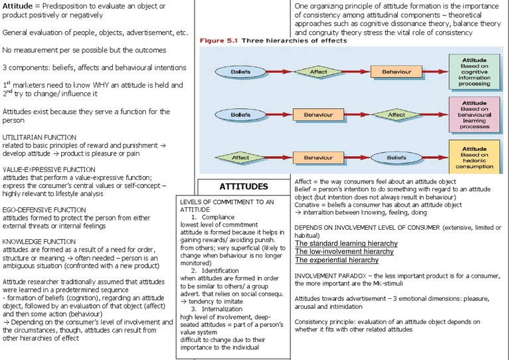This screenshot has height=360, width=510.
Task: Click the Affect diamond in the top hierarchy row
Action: coord(319,71)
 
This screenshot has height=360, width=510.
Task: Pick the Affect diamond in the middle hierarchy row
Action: coord(396,115)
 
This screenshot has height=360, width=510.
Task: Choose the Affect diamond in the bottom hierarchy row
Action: coord(240,158)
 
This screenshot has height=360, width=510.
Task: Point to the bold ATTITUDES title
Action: coord(244,187)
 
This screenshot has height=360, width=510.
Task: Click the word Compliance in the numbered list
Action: coord(218,217)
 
